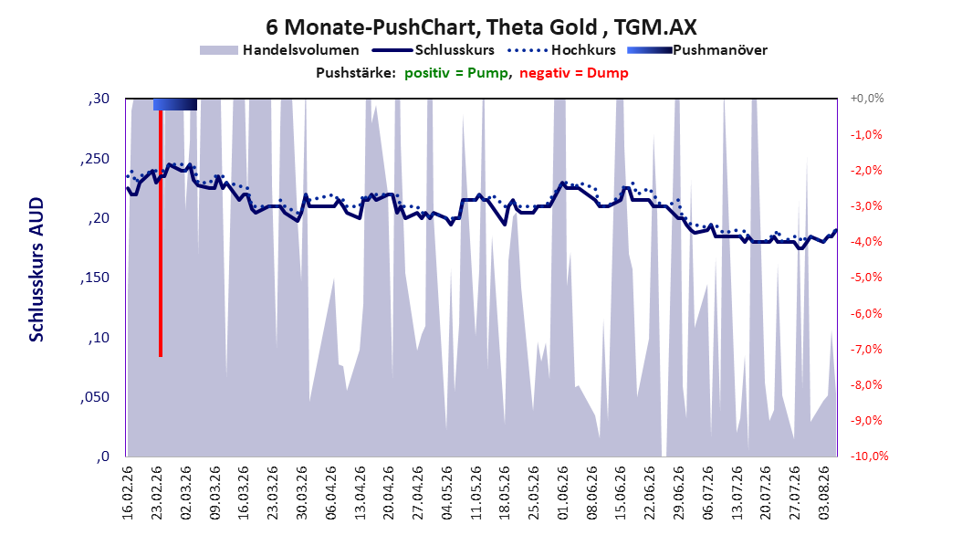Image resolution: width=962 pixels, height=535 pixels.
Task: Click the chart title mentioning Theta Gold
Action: pyautogui.click(x=481, y=27)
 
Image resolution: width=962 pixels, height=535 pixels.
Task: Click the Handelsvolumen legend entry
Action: pyautogui.click(x=279, y=50)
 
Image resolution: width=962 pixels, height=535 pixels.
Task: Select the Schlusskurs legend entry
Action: pyautogui.click(x=434, y=50)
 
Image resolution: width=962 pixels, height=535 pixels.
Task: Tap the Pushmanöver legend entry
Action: pyautogui.click(x=697, y=50)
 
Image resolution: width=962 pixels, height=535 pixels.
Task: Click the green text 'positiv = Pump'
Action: pyautogui.click(x=455, y=73)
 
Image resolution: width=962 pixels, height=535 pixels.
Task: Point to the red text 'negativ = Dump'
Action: pyautogui.click(x=574, y=73)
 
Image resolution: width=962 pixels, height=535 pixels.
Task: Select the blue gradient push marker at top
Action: pyautogui.click(x=175, y=104)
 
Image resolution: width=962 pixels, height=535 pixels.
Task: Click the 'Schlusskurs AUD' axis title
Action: pyautogui.click(x=37, y=269)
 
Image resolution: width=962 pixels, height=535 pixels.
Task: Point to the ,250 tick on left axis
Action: pyautogui.click(x=95, y=159)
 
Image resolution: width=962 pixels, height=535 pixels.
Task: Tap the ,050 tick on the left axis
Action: pyautogui.click(x=95, y=397)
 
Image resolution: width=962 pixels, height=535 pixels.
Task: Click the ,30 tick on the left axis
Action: pyautogui.click(x=99, y=99)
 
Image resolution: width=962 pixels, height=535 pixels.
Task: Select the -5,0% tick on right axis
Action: pyautogui.click(x=866, y=278)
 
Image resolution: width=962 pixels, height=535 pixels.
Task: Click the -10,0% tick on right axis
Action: pyautogui.click(x=869, y=456)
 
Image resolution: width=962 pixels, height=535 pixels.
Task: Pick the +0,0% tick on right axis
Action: pyautogui.click(x=867, y=99)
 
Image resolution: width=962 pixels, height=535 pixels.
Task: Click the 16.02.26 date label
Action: pyautogui.click(x=127, y=493)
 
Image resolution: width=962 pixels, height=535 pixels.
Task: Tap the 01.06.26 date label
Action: pyautogui.click(x=562, y=493)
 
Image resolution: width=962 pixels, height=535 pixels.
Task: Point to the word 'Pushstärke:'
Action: pyautogui.click(x=356, y=73)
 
